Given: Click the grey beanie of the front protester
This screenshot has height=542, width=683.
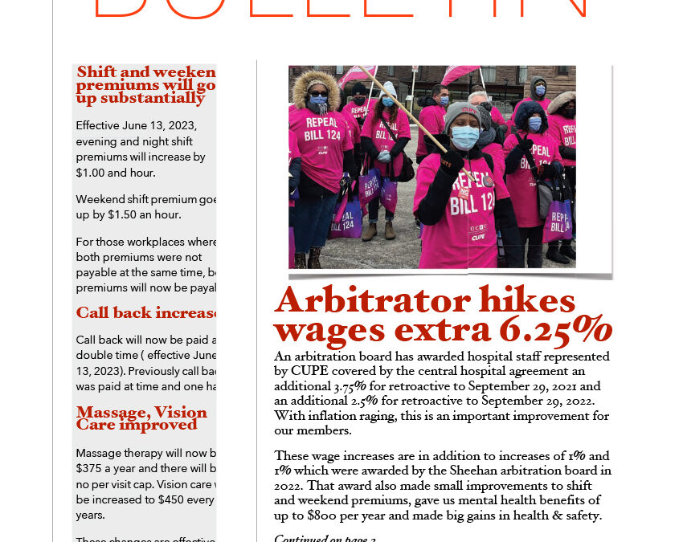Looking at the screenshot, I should point(462,112).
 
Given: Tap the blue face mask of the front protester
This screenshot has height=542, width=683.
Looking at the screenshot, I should point(465,137).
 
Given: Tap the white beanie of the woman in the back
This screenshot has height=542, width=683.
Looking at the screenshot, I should point(390,88).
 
